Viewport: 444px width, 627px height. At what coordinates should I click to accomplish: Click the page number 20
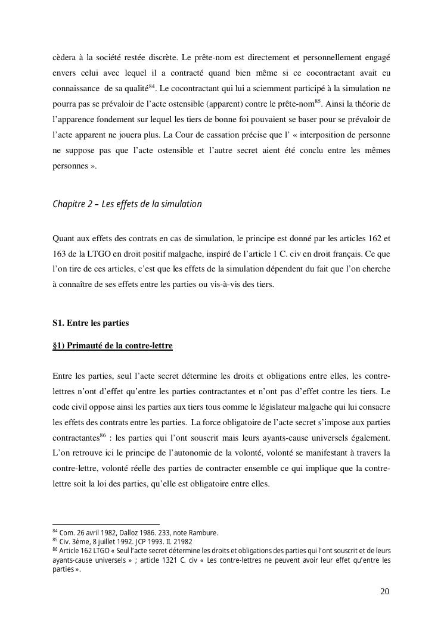tap(384, 591)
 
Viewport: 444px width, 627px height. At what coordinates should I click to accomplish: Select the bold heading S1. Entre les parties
tap(91, 323)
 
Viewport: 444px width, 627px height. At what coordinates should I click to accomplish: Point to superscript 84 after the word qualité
tap(152, 86)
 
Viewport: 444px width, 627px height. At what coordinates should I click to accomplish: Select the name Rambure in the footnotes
tap(203, 533)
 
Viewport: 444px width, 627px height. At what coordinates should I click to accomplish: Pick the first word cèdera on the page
tap(66, 58)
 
